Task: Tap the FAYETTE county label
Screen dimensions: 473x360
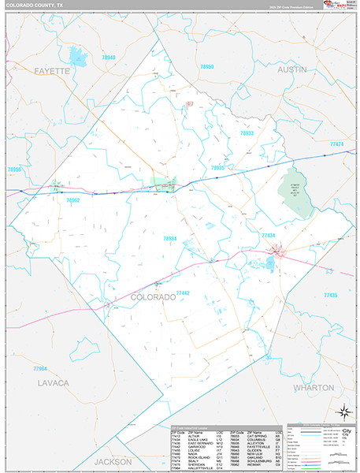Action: point(51,70)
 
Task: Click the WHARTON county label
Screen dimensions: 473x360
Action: point(314,387)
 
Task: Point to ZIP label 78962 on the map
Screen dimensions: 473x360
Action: point(73,200)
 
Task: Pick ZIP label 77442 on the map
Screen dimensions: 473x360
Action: point(182,292)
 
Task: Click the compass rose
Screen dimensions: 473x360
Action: point(343,411)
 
